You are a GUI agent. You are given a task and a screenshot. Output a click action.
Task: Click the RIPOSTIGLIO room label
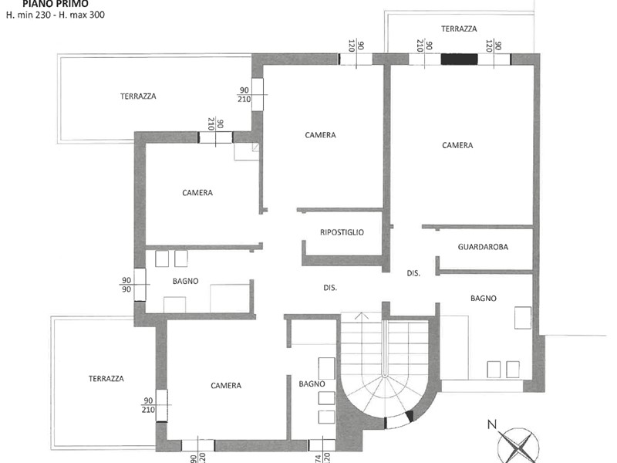pos(342,232)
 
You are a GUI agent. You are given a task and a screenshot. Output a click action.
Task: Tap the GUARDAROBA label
pos(483,247)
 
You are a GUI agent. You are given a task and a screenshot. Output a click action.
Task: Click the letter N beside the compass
pos(492,424)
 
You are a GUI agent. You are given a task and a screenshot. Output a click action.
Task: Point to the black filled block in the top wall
pos(459,59)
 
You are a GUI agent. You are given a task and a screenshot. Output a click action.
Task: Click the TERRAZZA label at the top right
pos(459,29)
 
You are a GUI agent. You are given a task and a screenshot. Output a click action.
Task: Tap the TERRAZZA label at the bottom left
pos(106,379)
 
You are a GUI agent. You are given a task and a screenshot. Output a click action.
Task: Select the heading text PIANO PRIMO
pos(56,4)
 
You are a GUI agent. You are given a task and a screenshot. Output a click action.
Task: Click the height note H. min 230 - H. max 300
pos(56,15)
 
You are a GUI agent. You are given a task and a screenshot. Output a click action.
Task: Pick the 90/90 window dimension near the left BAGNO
pos(126,285)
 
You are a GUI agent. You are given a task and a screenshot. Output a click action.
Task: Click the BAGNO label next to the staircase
pos(312,384)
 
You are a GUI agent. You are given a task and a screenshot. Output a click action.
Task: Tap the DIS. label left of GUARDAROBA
pos(413,273)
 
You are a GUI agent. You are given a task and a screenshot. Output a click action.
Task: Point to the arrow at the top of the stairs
pos(361,316)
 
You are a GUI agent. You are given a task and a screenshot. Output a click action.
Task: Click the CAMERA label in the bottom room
pos(226,385)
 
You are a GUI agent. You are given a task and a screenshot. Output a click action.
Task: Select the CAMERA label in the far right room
pos(457,145)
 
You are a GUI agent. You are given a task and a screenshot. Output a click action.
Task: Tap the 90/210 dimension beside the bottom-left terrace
pos(148,405)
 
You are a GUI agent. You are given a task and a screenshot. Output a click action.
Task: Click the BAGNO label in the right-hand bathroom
pos(484,299)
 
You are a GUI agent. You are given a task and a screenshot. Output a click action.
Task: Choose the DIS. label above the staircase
pos(330,288)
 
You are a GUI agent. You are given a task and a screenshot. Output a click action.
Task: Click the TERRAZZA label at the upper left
pos(138,96)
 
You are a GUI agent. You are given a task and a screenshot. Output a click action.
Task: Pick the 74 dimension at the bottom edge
pos(318,458)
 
